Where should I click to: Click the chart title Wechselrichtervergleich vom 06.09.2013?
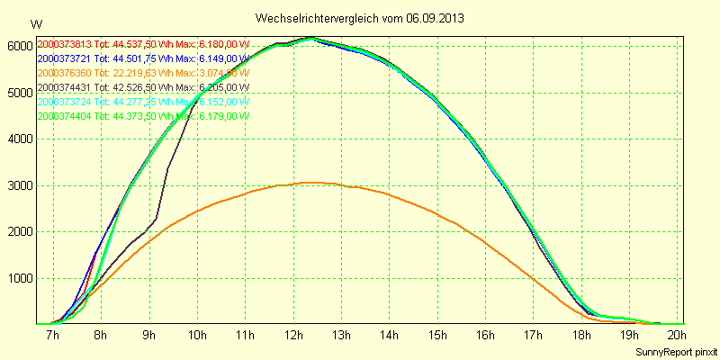coord(360,18)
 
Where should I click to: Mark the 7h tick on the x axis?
coord(52,336)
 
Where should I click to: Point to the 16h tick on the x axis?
coord(484,336)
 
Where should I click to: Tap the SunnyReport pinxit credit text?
coord(676,351)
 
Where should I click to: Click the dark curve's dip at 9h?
coord(155,219)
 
